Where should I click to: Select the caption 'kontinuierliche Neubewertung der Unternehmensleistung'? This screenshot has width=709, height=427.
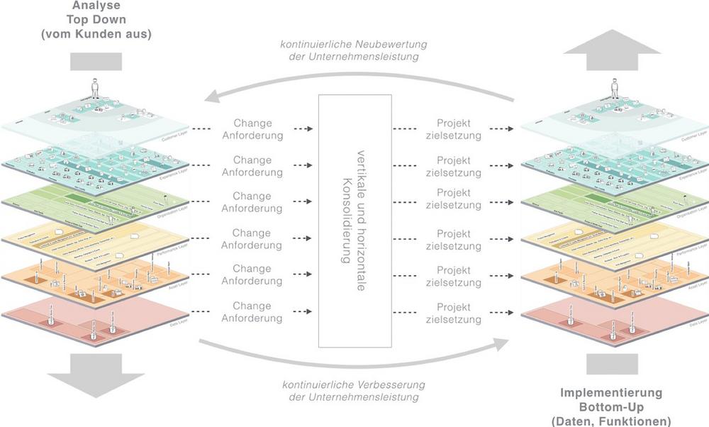(x=352, y=52)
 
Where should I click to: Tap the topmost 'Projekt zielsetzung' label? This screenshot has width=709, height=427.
(x=454, y=128)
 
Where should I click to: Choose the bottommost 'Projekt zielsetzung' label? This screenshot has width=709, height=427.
(x=454, y=312)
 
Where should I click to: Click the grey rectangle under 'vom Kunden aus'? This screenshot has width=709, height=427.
(x=96, y=62)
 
